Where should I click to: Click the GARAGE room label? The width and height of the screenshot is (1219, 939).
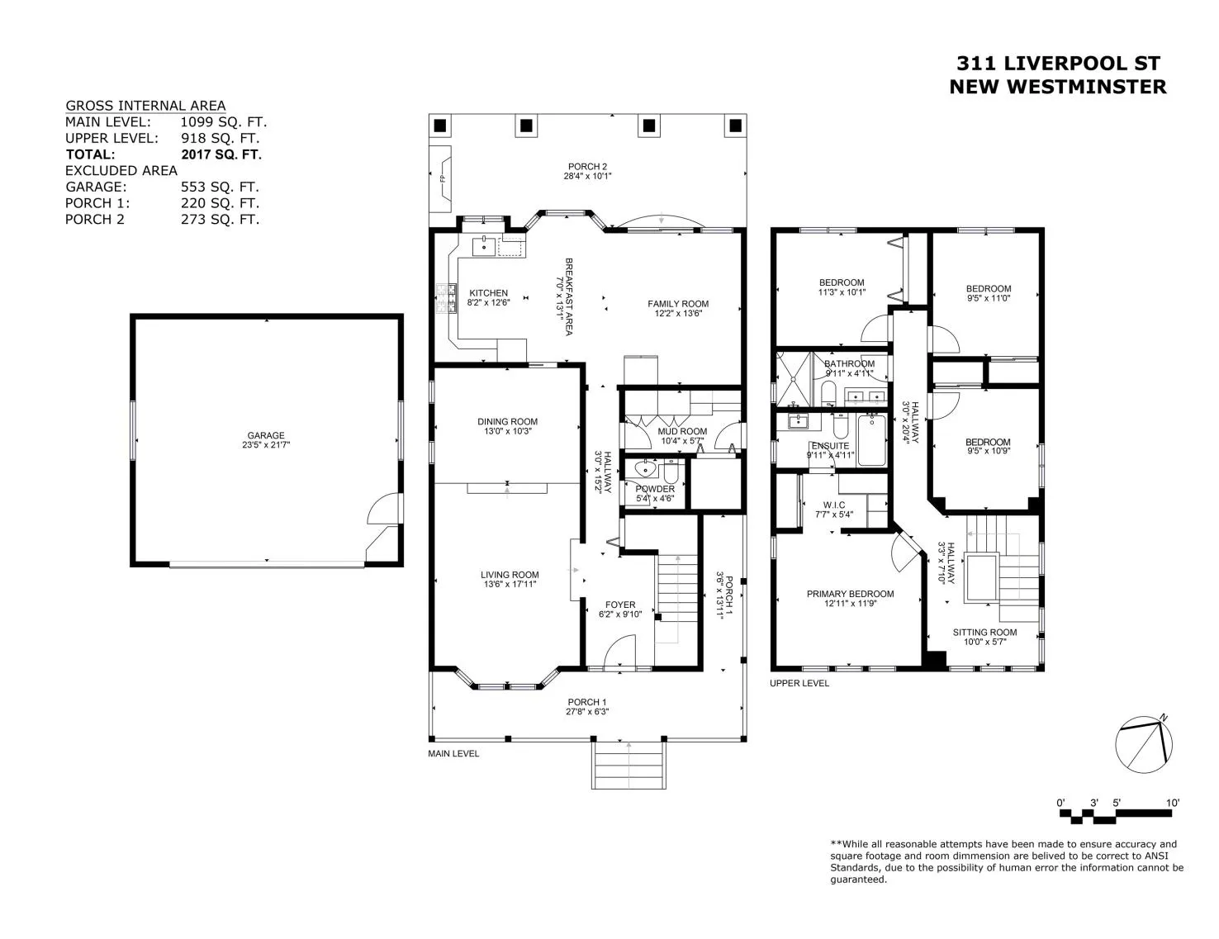tap(266, 435)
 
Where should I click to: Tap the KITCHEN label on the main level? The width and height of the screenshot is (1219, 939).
tap(489, 293)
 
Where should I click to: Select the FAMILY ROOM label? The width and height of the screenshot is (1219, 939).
tap(678, 304)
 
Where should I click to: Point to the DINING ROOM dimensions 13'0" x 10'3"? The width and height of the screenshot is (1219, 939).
tap(508, 431)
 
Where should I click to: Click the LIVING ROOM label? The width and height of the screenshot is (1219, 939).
tap(510, 575)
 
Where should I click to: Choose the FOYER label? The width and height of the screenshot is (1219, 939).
tap(620, 605)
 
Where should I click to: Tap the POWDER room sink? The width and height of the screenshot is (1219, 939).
tap(645, 467)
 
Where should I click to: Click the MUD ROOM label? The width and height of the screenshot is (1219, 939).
tap(682, 431)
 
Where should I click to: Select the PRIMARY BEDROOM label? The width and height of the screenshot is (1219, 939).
tap(851, 594)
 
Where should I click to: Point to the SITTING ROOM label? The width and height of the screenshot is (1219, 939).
tap(984, 632)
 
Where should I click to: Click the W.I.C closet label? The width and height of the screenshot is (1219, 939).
tap(834, 505)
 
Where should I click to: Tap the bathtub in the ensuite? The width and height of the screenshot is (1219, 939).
tap(872, 440)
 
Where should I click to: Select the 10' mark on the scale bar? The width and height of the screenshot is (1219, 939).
tap(1173, 803)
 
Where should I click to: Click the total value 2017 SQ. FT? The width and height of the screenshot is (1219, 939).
tap(221, 154)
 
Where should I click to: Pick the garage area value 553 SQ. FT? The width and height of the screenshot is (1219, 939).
tap(220, 187)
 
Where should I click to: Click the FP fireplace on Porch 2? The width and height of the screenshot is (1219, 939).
tap(441, 179)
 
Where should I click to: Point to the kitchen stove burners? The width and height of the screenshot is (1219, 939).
tap(447, 298)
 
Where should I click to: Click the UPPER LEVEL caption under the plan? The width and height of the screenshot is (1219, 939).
tap(799, 683)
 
